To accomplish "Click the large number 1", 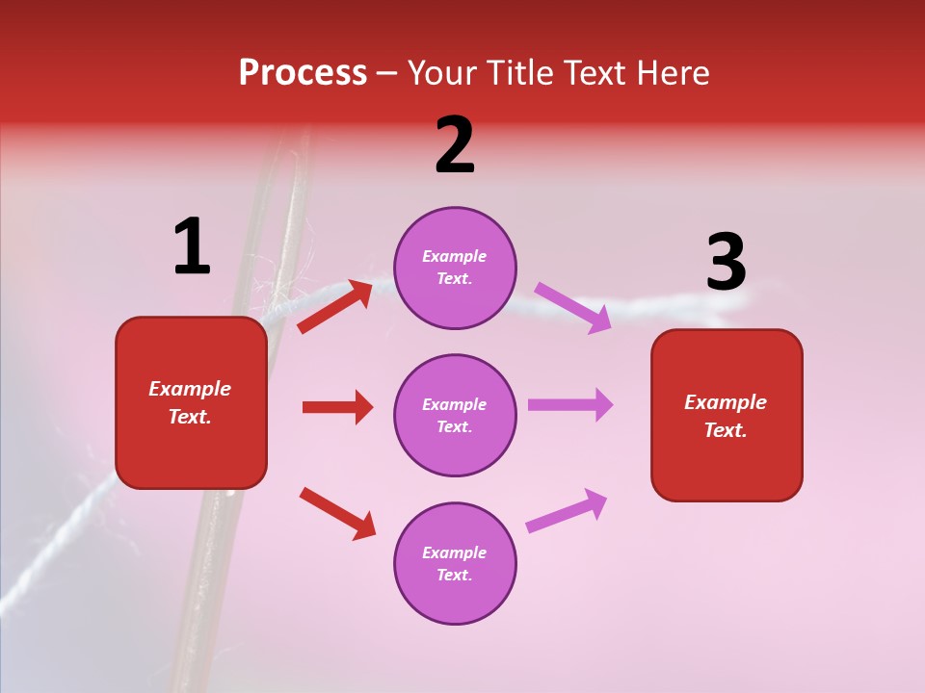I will click(x=192, y=247).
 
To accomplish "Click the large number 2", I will click(x=455, y=146).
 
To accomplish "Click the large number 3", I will click(x=726, y=263).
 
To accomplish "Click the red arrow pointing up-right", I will click(x=335, y=306).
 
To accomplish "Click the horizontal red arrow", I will click(x=337, y=407).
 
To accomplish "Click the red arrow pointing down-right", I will click(x=337, y=513).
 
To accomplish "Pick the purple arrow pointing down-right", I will click(x=572, y=308).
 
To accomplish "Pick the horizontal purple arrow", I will click(x=570, y=405).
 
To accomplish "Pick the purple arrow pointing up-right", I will click(x=567, y=511).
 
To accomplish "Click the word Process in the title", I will click(x=303, y=73).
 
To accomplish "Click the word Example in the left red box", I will click(x=190, y=389).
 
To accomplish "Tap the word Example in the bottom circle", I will click(x=455, y=552).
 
